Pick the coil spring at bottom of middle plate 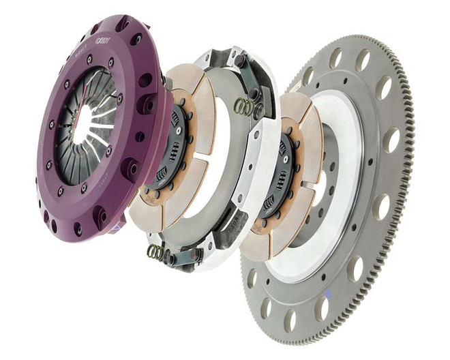[156, 252]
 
